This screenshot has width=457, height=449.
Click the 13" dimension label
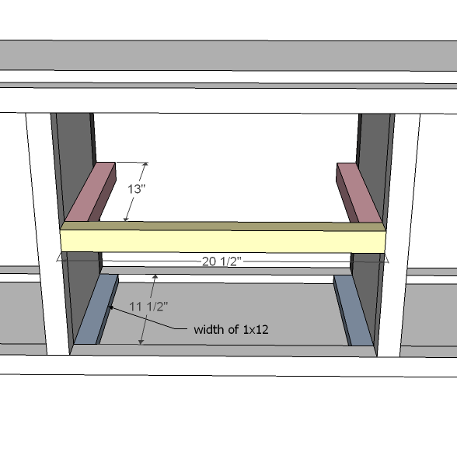tap(137, 189)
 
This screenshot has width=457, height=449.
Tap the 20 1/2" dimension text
tap(222, 261)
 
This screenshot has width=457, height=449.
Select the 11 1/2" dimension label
tap(148, 307)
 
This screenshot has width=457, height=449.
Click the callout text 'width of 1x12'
tap(231, 330)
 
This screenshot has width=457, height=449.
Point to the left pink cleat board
tap(90, 192)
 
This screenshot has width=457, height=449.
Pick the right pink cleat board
tap(359, 193)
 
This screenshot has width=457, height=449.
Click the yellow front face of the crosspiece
tap(224, 241)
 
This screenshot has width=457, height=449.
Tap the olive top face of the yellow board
tap(224, 226)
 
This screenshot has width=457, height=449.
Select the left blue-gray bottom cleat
tap(96, 309)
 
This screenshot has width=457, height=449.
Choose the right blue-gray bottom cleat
tap(354, 311)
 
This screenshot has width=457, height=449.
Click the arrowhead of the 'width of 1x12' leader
tap(110, 307)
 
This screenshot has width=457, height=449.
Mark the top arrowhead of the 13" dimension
tap(145, 165)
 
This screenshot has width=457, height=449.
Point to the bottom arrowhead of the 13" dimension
tap(126, 219)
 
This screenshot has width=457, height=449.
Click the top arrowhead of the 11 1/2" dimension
tap(155, 276)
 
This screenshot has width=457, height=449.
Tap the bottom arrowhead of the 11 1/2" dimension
tap(141, 342)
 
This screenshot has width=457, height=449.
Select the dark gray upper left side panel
tap(75, 163)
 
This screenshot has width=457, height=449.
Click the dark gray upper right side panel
tap(375, 163)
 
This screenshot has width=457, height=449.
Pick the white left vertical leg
tap(47, 233)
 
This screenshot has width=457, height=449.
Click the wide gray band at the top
tap(228, 55)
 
